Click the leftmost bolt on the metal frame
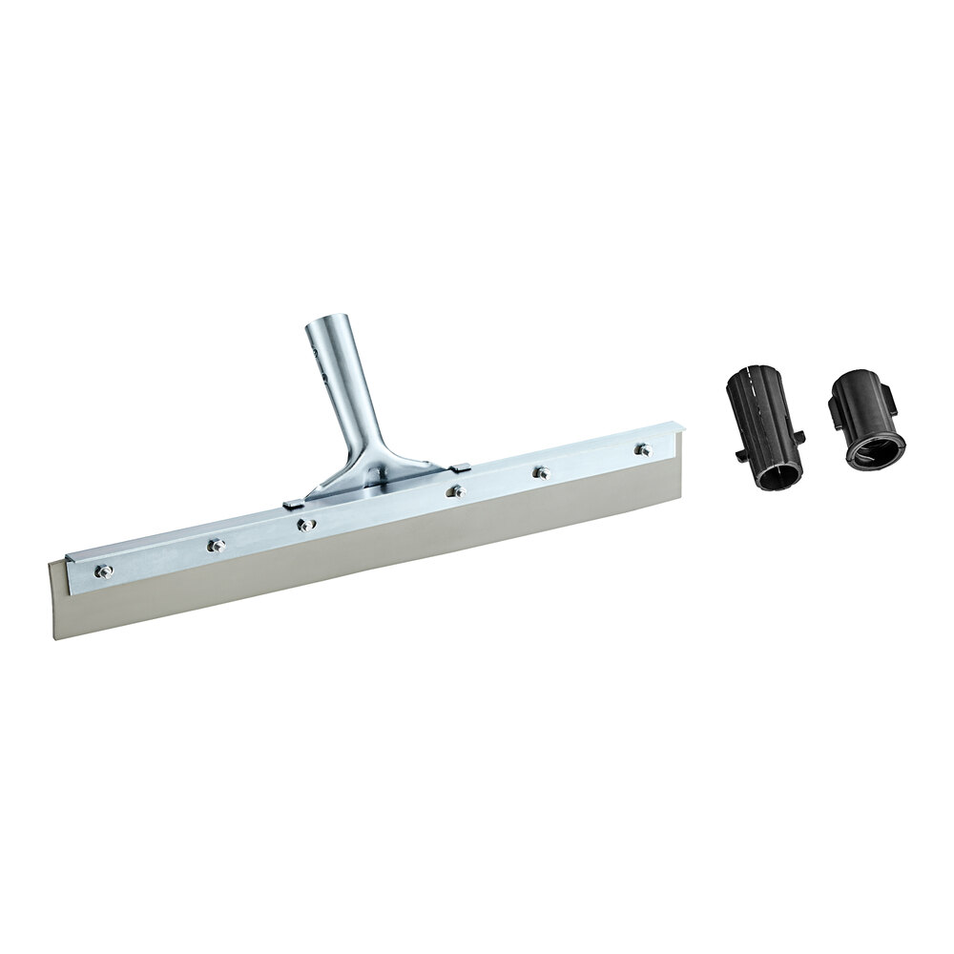[103, 570]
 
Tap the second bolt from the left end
[217, 545]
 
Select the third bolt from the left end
[305, 524]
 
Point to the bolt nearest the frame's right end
[643, 448]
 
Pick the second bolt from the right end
[542, 471]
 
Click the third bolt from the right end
[457, 491]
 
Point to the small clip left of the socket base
[295, 500]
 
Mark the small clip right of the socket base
[459, 467]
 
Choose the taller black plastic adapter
[766, 429]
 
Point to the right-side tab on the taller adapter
[799, 437]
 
